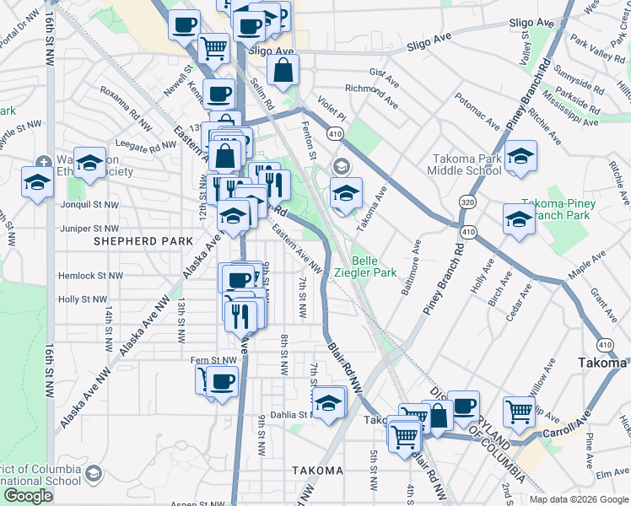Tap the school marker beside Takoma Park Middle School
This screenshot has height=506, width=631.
tap(521, 157)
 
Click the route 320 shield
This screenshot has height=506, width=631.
tap(467, 202)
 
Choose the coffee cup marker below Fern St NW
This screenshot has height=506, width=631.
tap(223, 382)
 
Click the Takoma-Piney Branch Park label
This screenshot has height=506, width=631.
tap(558, 210)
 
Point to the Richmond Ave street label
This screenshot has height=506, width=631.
tap(371, 95)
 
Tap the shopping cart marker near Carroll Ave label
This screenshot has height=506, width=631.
tap(520, 412)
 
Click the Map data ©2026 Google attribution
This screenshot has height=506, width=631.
tap(578, 499)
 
